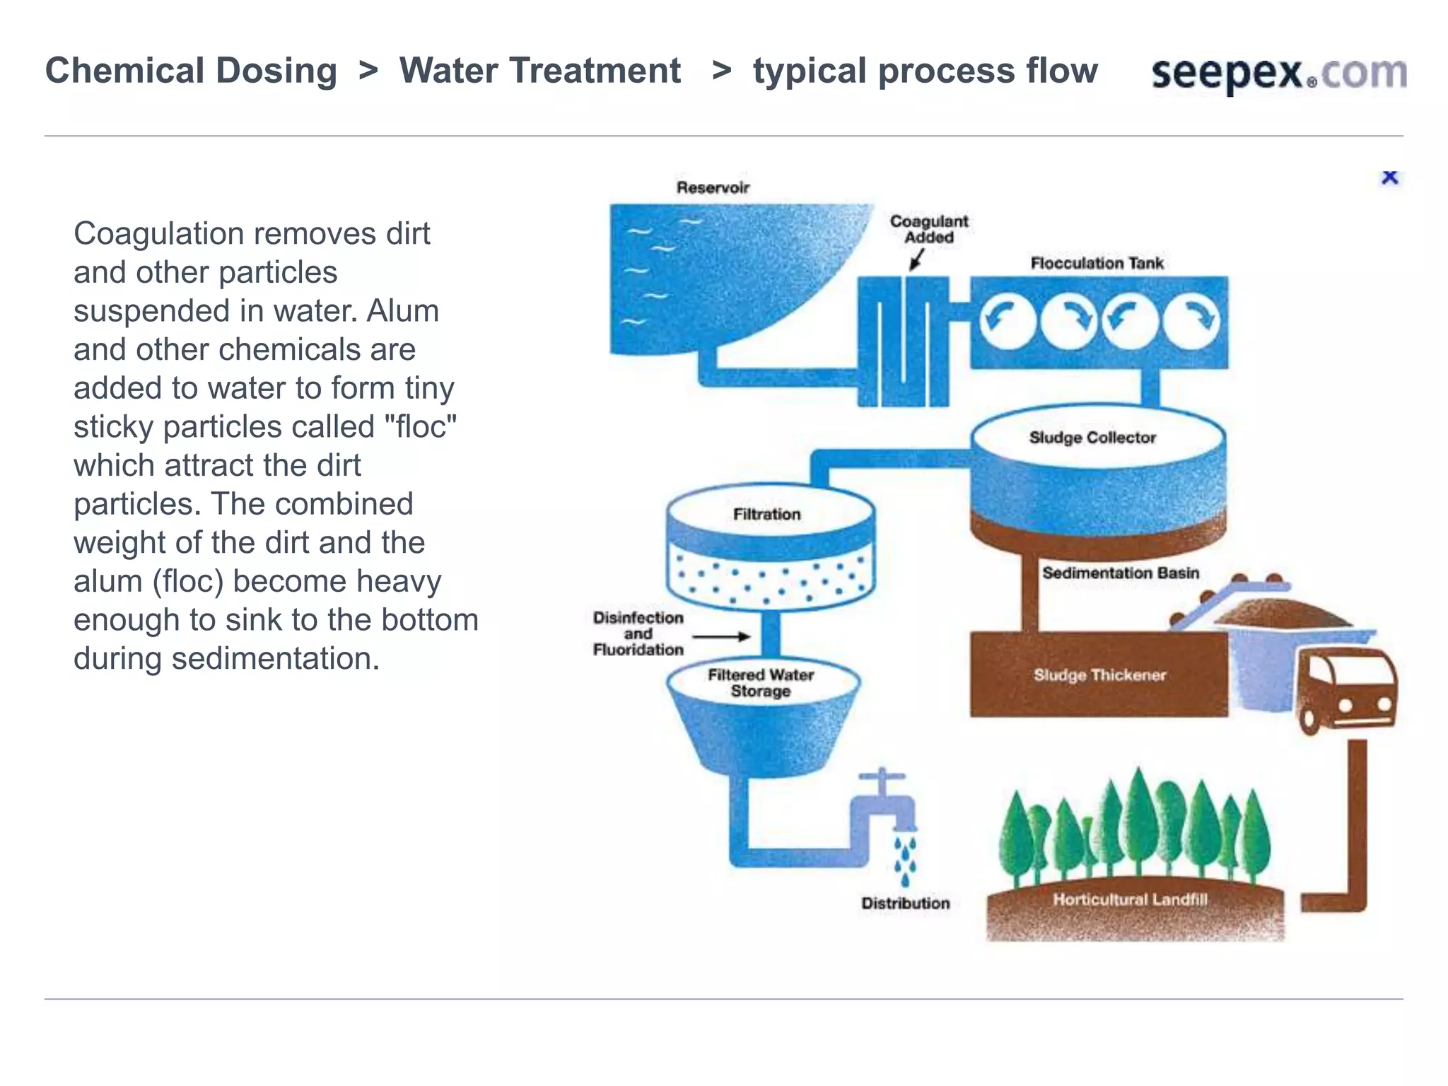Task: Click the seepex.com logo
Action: [x=1278, y=74]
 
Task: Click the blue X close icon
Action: [x=1389, y=177]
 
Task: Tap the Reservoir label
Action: [x=712, y=187]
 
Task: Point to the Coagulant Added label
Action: [x=928, y=229]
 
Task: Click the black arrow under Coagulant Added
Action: [x=916, y=260]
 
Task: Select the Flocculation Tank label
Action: [x=1096, y=263]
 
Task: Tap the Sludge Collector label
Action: [x=1092, y=438]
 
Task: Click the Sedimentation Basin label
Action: [x=1120, y=573]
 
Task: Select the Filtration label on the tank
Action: [x=766, y=514]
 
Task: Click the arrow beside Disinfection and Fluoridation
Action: [x=721, y=636]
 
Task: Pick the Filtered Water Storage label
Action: [x=761, y=683]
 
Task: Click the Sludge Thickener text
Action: [x=1099, y=675]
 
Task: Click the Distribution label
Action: [x=905, y=903]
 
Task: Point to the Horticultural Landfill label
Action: [x=1130, y=899]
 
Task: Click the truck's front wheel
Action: [x=1309, y=721]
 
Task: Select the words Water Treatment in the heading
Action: [x=539, y=71]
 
